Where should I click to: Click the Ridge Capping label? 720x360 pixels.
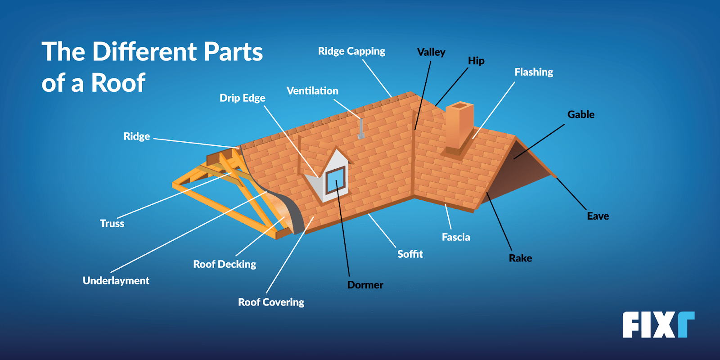(351, 51)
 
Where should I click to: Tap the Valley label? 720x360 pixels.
(431, 52)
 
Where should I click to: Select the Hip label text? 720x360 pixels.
(476, 61)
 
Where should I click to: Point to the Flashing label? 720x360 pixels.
(534, 72)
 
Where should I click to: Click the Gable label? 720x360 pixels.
(580, 114)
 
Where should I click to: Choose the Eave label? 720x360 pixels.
(598, 216)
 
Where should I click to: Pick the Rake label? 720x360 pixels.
(520, 258)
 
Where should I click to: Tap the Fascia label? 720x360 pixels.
(456, 237)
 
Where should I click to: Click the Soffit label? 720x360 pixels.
(410, 254)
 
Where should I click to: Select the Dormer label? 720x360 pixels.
(365, 285)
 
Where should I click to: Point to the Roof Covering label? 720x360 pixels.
(271, 302)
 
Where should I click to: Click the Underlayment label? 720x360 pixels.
(116, 280)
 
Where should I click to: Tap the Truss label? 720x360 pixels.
(112, 223)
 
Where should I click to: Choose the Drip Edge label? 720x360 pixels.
(242, 98)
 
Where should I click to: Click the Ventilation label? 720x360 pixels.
(312, 91)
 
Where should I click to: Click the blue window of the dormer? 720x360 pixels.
(336, 180)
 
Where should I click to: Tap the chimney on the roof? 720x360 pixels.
(459, 126)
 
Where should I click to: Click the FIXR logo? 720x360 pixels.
(658, 324)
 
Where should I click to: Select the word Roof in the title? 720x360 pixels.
(118, 83)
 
